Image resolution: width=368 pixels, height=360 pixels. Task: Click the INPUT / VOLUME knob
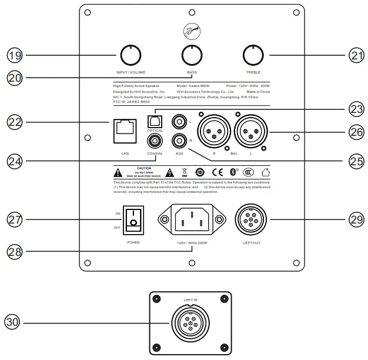[x=129, y=55]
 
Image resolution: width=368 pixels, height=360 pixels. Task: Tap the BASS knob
[x=192, y=55]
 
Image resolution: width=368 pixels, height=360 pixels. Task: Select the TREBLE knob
[x=253, y=55]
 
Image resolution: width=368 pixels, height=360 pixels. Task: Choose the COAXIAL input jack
[x=155, y=141]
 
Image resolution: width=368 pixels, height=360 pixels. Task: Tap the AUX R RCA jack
[x=178, y=141]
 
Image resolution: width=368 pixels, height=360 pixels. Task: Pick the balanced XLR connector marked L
[x=250, y=129]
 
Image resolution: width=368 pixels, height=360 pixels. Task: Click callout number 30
[x=12, y=322]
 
